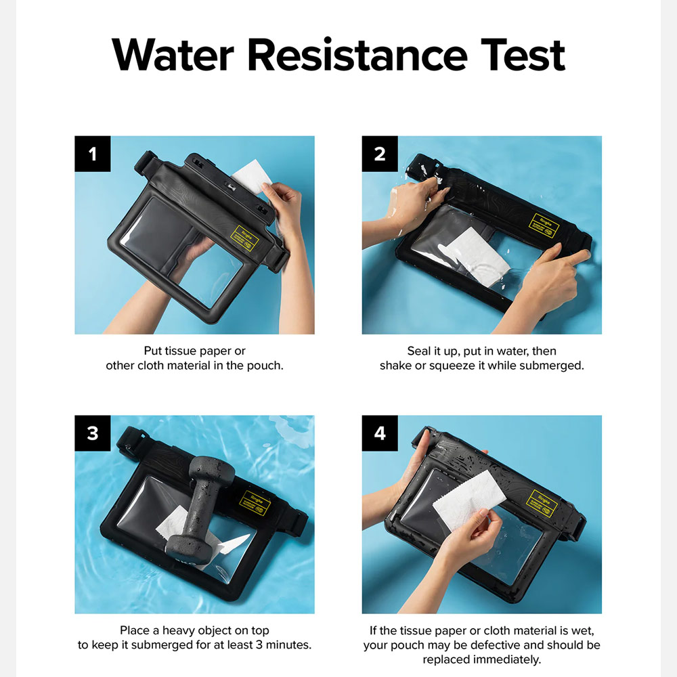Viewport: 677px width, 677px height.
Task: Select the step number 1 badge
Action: [93, 154]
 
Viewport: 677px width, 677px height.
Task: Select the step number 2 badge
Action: [380, 154]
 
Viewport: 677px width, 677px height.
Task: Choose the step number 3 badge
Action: [93, 433]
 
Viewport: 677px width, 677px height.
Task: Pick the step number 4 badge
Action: [380, 433]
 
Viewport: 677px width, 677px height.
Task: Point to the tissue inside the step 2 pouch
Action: [477, 256]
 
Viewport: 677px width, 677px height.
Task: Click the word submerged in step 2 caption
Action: [553, 366]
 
